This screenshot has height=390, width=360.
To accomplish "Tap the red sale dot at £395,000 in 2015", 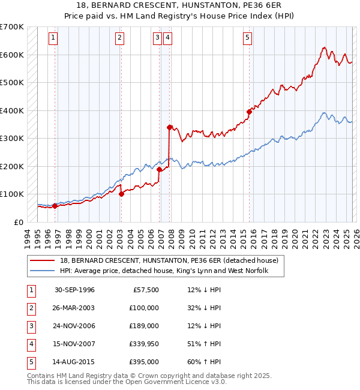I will (x=249, y=111).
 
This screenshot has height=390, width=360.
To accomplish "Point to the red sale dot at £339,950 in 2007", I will (x=170, y=127).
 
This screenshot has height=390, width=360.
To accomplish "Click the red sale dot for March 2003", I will (x=121, y=194).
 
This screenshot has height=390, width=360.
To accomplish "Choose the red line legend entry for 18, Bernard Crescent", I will (x=169, y=261).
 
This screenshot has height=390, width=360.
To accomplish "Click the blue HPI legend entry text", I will (x=163, y=271).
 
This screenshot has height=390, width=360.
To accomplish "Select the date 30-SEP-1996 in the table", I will (x=74, y=290).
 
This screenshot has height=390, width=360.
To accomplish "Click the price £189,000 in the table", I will (x=145, y=326).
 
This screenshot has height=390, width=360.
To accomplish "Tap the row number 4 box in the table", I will (x=29, y=344).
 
